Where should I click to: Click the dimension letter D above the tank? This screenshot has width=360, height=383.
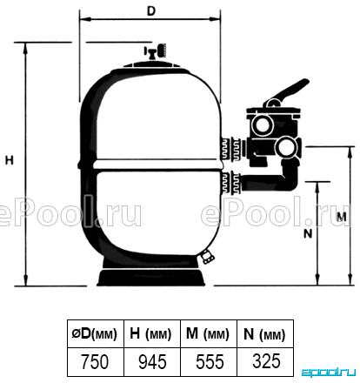pos(151,11)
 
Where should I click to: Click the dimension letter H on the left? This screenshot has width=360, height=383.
pos(10,160)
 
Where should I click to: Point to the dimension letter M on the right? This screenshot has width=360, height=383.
pos(342,217)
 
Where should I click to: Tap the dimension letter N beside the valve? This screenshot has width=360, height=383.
pos(308,233)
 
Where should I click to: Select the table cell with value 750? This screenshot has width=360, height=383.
pos(96,362)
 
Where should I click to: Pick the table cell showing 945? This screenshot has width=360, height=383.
pos(152,362)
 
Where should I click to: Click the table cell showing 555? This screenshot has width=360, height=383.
pos(209,362)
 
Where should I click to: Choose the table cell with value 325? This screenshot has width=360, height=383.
pos(265,362)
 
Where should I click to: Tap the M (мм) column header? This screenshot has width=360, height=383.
pos(209,333)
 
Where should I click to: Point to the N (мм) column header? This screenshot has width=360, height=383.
pos(265,333)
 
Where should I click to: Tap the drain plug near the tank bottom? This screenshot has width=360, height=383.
pos(207,256)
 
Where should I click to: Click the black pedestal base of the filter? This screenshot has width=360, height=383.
pos(151,277)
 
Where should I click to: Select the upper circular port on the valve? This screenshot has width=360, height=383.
pos(263,124)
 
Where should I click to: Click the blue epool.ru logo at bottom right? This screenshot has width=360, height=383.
pos(329,373)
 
